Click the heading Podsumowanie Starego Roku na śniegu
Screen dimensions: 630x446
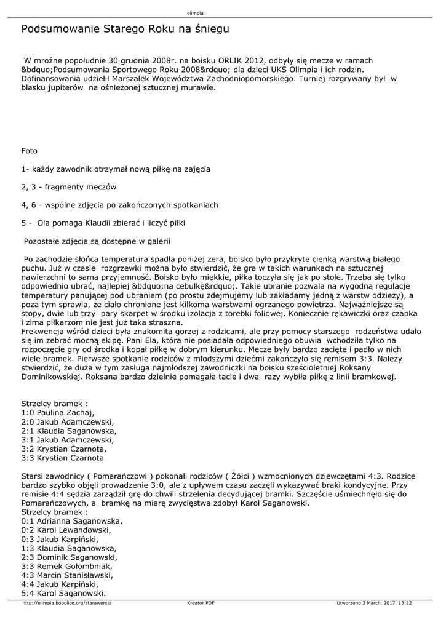pyautogui.click(x=125, y=29)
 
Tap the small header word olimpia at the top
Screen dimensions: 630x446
pyautogui.click(x=195, y=13)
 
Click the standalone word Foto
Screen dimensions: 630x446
pyautogui.click(x=29, y=151)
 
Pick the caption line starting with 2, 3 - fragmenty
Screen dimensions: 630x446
pyautogui.click(x=68, y=186)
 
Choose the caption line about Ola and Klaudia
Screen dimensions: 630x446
pyautogui.click(x=103, y=223)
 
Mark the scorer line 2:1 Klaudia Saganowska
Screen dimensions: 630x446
pyautogui.click(x=69, y=431)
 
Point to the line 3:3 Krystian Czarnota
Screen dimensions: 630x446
pyautogui.click(x=62, y=458)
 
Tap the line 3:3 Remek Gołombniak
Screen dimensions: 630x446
pyautogui.click(x=66, y=566)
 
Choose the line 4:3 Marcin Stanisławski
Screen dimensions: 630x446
pyautogui.click(x=67, y=575)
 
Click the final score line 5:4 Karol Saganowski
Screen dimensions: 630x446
pyautogui.click(x=63, y=593)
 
